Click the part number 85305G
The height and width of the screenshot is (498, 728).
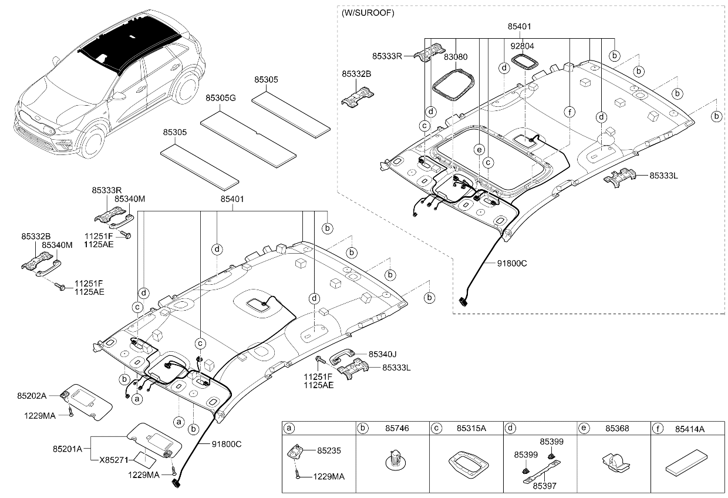click(221, 98)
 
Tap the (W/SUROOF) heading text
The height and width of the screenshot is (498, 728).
click(368, 13)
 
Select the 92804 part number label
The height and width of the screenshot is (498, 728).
click(523, 46)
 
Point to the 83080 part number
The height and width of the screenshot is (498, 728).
click(456, 57)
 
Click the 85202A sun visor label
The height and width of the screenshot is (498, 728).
click(32, 396)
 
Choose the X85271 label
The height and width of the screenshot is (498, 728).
click(114, 460)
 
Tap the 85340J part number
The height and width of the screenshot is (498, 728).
click(383, 354)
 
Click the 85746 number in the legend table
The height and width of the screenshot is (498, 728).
click(397, 429)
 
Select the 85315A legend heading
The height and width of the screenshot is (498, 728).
click(471, 429)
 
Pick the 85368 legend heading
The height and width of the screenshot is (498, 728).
click(617, 429)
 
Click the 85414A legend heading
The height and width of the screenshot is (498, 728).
click(690, 429)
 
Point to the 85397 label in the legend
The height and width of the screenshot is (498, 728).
click(545, 486)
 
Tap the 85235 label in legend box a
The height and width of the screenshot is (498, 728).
click(329, 450)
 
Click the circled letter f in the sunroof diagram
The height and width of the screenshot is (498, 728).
click(569, 112)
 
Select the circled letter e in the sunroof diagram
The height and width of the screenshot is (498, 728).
click(479, 150)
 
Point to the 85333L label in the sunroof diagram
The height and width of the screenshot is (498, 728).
click(663, 176)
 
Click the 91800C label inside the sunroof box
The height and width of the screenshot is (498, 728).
click(512, 263)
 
